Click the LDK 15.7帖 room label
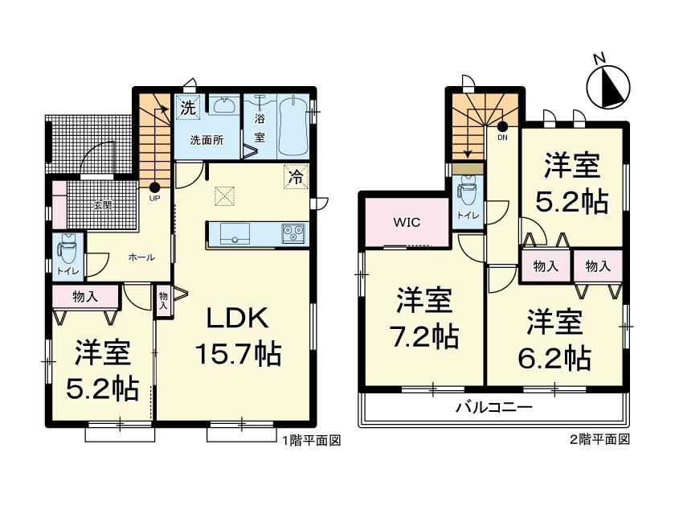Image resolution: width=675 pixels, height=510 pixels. (x=238, y=337)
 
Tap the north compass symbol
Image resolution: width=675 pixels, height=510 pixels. (x=608, y=84)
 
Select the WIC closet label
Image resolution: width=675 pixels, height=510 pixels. (x=407, y=223)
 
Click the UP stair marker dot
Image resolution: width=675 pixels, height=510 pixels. (x=154, y=187)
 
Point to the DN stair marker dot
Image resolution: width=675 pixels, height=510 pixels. (x=502, y=126)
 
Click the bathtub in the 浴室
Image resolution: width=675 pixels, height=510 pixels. (x=293, y=125)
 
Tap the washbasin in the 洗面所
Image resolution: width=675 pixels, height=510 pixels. (x=224, y=105)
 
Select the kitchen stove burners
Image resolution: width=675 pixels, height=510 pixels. (x=293, y=234)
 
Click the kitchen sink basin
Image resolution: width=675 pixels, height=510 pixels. (x=235, y=234)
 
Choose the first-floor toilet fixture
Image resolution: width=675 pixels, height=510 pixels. (x=66, y=251)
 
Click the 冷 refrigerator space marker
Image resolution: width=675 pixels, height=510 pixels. (x=296, y=176)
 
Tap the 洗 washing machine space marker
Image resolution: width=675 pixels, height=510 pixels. (x=188, y=106)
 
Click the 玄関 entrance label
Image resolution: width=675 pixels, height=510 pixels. (x=104, y=204)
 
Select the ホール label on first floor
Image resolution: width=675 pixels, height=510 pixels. (x=141, y=257)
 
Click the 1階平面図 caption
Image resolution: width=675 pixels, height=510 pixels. (x=311, y=440)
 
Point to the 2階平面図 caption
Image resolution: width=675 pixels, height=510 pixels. (x=600, y=439)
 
